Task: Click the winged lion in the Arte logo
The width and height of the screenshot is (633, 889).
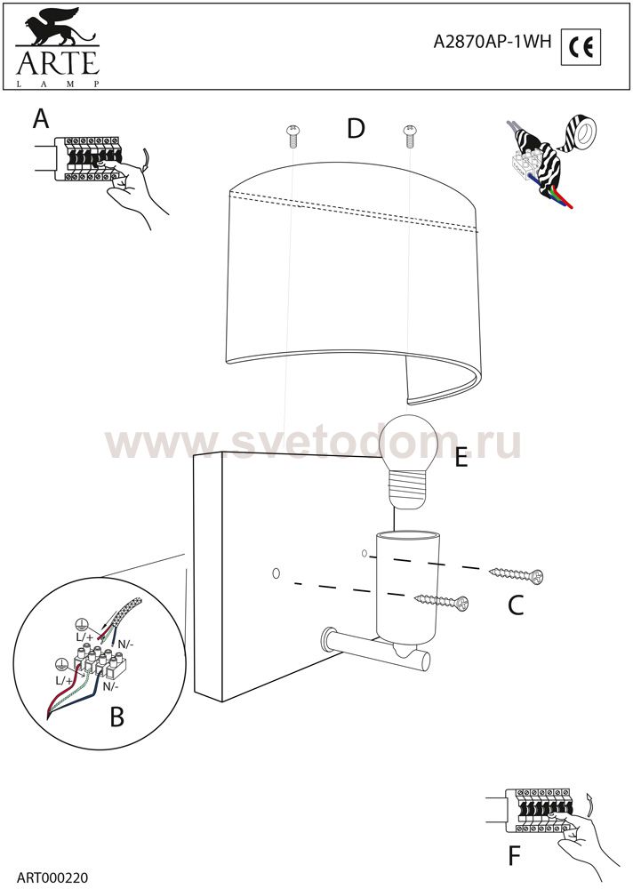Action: [57, 28]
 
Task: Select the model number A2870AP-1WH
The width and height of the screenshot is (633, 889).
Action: [492, 42]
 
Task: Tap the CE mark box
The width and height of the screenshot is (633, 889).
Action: [581, 46]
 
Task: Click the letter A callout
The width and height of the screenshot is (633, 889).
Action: [41, 119]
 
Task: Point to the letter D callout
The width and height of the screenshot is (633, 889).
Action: [356, 129]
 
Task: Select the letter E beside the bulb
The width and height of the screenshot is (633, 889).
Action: [461, 458]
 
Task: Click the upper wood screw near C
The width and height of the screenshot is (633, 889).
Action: [517, 574]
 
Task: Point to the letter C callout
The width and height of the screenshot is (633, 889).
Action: [516, 605]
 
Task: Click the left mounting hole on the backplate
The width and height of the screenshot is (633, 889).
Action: [276, 573]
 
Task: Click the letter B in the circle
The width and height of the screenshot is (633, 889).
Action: [116, 717]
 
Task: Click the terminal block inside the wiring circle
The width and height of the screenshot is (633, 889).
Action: [100, 663]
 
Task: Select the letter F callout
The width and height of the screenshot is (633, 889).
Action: [514, 856]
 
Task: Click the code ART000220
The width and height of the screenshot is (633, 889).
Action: [52, 878]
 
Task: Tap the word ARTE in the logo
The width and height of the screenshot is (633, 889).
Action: [58, 62]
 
